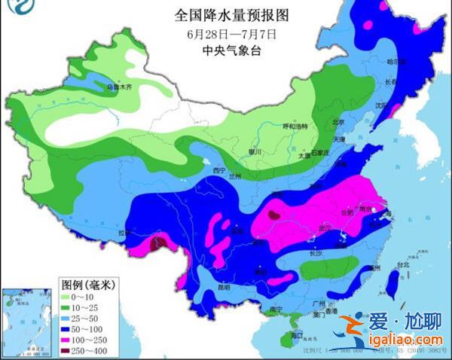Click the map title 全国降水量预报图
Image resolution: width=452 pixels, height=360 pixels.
pos(225,15)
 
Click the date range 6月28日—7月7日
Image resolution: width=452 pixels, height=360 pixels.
pos(225,34)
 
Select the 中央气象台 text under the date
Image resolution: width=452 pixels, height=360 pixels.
pos(225,51)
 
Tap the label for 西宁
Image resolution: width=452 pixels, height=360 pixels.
pos(219,171)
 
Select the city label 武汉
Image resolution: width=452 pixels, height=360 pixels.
pos(326,228)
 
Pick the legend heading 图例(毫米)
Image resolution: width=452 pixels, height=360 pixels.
pos(87,285)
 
